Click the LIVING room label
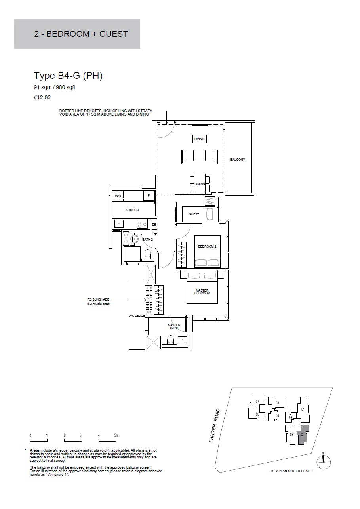[x=199, y=139]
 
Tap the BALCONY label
[x=238, y=160]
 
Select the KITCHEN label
[x=132, y=210]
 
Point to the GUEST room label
[x=194, y=214]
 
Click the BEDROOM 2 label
[x=207, y=246]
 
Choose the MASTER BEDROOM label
[x=202, y=292]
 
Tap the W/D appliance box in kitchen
[x=118, y=196]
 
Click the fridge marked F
[x=149, y=196]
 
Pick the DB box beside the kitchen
[x=154, y=225]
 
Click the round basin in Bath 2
[x=135, y=239]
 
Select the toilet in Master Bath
[x=170, y=340]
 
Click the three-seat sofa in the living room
[x=199, y=156]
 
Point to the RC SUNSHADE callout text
[x=98, y=301]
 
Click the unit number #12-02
[x=42, y=97]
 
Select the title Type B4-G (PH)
[x=68, y=76]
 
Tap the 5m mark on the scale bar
[x=116, y=435]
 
